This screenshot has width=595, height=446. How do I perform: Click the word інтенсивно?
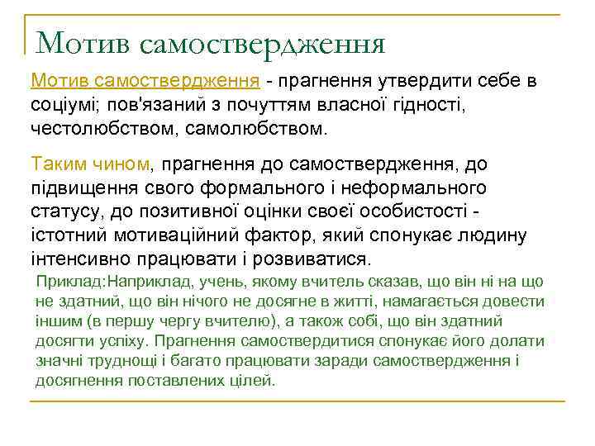click(79, 259)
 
